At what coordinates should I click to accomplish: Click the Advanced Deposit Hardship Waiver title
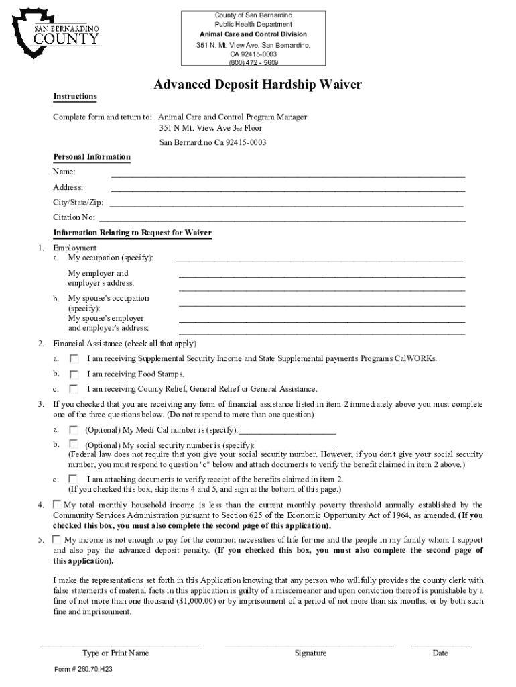[258, 85]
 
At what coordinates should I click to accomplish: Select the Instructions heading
[75, 97]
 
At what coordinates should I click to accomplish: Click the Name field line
[288, 175]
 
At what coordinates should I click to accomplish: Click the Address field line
[288, 191]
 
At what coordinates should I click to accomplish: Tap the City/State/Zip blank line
[286, 205]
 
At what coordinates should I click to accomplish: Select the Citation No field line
[282, 220]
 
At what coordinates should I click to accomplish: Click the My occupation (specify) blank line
[320, 260]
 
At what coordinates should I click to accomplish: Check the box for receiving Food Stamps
[74, 374]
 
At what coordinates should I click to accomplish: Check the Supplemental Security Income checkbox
[74, 359]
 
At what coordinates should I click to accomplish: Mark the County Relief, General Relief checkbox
[74, 389]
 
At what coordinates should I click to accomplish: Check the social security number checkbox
[74, 444]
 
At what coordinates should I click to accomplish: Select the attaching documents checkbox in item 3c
[74, 479]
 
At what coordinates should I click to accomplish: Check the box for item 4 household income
[57, 504]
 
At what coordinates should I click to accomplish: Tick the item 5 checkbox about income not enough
[57, 539]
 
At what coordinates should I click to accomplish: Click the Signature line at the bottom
[309, 645]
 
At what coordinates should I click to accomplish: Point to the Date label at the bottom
[440, 653]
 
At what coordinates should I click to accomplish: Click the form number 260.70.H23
[83, 670]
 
